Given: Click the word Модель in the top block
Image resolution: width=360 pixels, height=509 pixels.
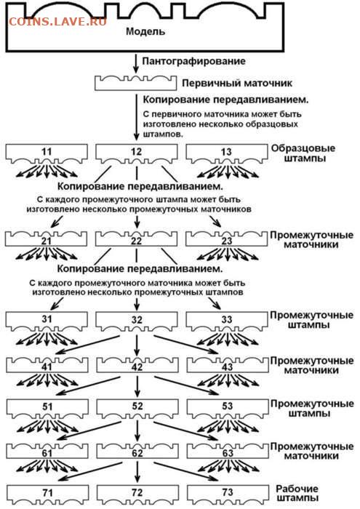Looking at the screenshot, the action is [145, 31].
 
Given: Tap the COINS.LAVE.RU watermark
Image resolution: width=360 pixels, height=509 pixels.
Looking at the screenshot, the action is [57, 22].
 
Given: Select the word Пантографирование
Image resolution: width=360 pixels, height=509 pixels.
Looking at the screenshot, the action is [193, 61].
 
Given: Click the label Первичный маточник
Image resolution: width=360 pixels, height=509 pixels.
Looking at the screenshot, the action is [237, 83].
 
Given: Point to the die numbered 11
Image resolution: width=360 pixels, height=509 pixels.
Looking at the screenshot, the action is [47, 153].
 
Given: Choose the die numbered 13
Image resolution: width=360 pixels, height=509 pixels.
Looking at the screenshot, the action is [227, 153].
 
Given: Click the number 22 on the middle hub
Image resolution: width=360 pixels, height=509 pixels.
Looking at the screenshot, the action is [136, 241].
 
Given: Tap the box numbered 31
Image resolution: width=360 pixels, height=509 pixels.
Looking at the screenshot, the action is [47, 321].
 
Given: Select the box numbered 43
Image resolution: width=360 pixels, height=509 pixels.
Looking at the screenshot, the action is [228, 365].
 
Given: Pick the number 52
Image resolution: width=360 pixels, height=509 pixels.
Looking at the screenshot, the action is [137, 406].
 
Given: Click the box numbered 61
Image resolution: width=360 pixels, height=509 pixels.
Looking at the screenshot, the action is [47, 451].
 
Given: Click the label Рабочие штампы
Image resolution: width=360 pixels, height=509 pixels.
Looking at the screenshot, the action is [298, 493].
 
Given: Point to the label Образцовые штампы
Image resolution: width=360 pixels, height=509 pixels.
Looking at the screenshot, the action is [303, 153].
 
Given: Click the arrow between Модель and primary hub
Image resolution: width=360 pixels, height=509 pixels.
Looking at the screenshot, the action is [136, 64].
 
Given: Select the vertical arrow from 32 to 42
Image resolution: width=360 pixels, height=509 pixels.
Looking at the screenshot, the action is [137, 345].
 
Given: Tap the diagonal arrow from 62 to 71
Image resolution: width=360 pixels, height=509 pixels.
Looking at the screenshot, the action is [90, 472].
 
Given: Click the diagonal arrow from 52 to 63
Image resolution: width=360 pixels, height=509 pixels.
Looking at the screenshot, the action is [186, 430].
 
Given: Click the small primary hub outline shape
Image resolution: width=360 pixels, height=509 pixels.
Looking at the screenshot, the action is [136, 84].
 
